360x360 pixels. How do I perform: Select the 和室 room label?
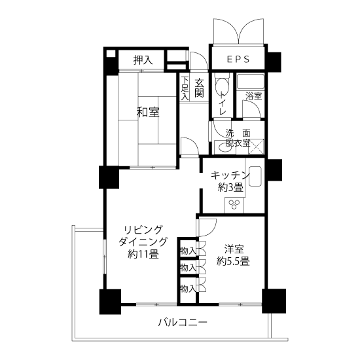pyautogui.click(x=147, y=112)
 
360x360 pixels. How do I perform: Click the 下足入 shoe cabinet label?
pyautogui.click(x=185, y=88)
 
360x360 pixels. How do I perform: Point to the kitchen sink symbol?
pyautogui.click(x=255, y=176)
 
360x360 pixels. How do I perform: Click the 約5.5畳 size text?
pyautogui.click(x=234, y=261)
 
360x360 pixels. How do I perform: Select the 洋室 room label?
pyautogui.click(x=234, y=249)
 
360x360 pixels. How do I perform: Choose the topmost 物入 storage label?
pyautogui.click(x=187, y=251)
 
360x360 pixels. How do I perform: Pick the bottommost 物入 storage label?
pyautogui.click(x=187, y=287)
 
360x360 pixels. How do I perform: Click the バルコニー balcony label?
pyautogui.click(x=183, y=323)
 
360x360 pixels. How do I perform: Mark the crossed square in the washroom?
pyautogui.click(x=258, y=147)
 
